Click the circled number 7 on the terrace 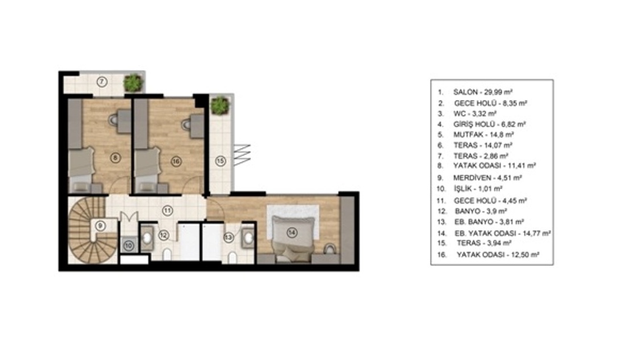click(102, 82)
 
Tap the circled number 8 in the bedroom click(115, 158)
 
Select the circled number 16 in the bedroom click(176, 161)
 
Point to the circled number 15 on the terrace click(220, 161)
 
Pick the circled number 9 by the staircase click(101, 226)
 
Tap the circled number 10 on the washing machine click(128, 246)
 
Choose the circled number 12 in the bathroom click(164, 235)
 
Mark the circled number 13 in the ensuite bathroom click(228, 238)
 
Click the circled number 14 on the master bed click(292, 232)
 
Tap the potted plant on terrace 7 click(133, 82)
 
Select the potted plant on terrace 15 click(220, 106)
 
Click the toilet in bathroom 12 click(167, 254)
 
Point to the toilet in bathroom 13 click(232, 257)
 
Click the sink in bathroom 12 click(147, 238)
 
